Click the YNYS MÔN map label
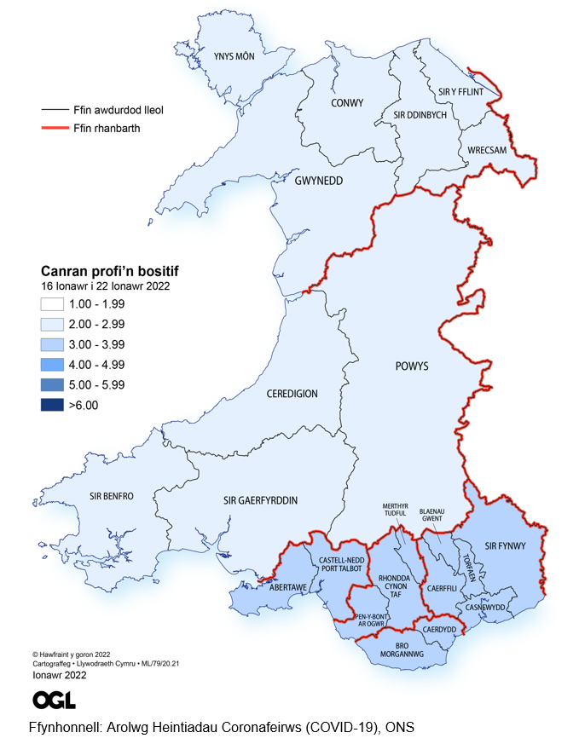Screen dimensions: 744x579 click(234, 57)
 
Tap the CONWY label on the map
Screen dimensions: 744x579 click(346, 103)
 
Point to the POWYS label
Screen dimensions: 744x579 click(412, 366)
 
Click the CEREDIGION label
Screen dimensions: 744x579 click(292, 394)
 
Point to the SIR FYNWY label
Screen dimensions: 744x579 click(502, 542)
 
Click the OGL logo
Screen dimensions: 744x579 click(54, 700)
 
